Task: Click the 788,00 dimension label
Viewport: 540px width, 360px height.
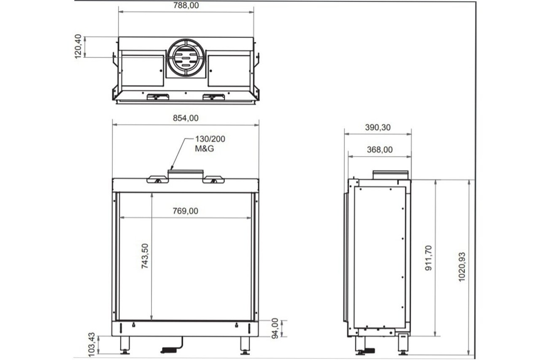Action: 186,5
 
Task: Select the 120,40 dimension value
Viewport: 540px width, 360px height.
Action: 78,47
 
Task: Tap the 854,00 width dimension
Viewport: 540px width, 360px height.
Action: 186,118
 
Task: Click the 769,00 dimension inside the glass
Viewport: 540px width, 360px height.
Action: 186,211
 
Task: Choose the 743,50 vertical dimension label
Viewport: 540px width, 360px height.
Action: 145,257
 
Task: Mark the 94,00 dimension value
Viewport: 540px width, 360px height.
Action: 275,328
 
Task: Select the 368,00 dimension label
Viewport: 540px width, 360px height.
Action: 379,149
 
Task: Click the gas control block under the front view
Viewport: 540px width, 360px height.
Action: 170,349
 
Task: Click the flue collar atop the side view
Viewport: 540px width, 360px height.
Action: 390,175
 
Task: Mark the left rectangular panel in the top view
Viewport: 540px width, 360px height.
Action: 143,70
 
